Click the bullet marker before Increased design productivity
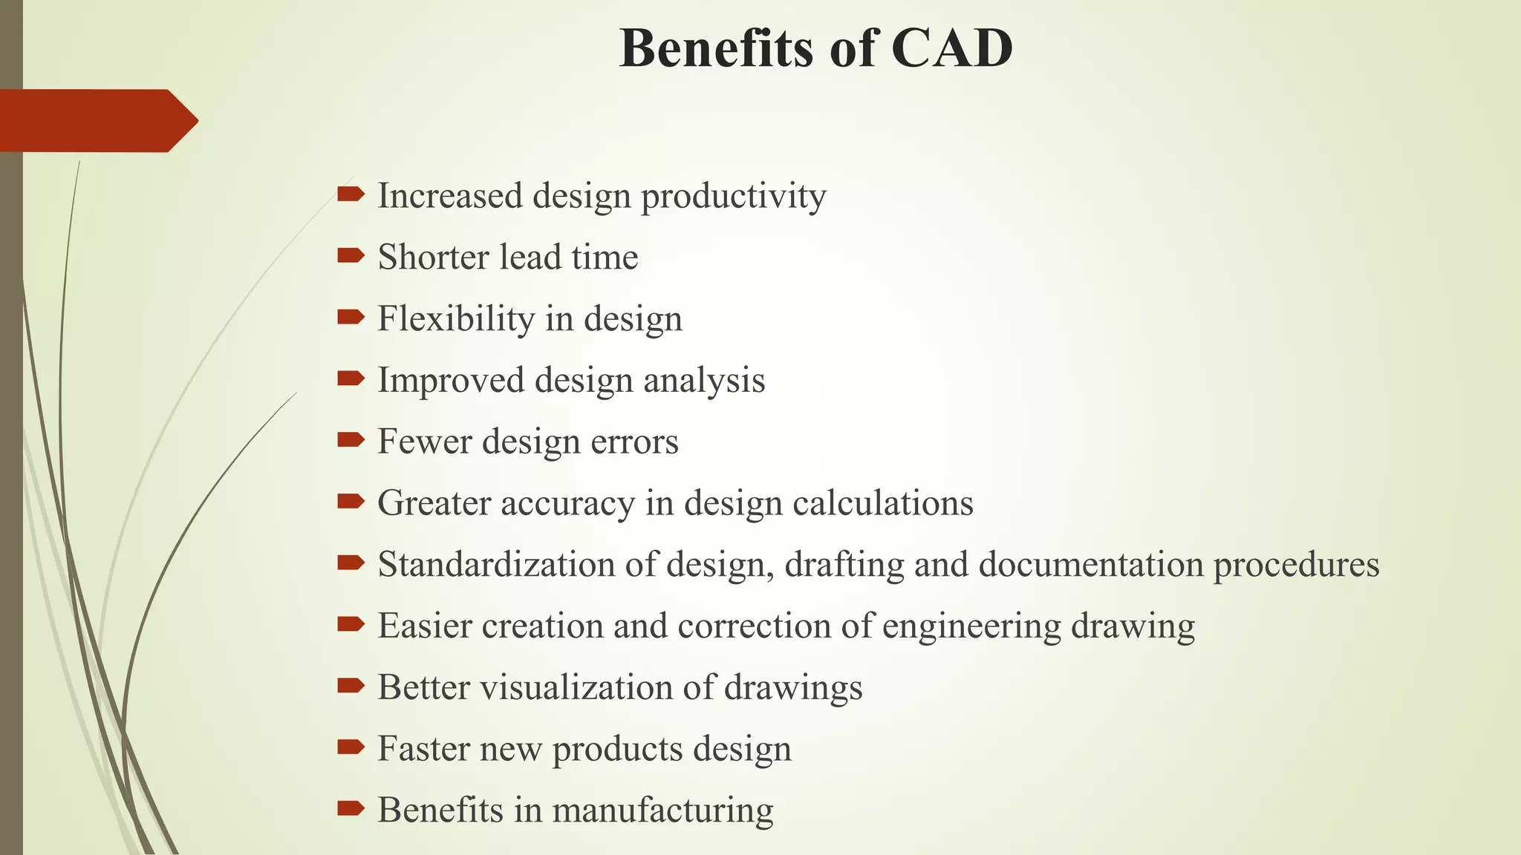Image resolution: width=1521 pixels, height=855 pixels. coord(350,194)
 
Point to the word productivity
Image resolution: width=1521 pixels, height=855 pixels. coord(733,197)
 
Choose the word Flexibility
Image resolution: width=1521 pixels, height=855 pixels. coord(456,319)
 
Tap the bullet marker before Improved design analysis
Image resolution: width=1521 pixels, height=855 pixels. coord(350,379)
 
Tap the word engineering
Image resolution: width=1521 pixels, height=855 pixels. coord(971,626)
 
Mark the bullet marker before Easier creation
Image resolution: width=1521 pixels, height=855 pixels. coord(350,625)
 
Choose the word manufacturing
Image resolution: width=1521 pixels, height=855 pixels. coord(662,810)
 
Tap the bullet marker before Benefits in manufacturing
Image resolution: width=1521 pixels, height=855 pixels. coord(350,808)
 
